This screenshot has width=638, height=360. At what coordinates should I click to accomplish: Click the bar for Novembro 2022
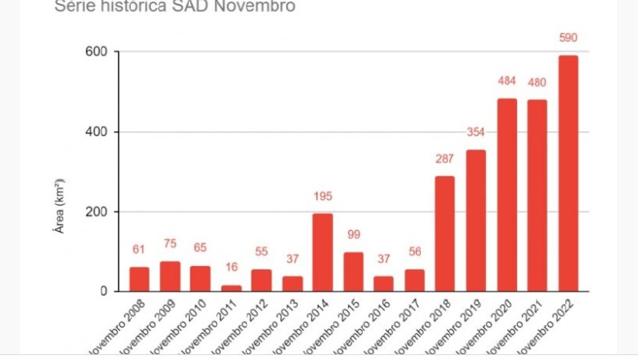tap(568, 173)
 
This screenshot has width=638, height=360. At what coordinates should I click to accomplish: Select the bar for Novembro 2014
tap(323, 252)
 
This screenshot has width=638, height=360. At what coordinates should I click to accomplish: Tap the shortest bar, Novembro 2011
tap(231, 287)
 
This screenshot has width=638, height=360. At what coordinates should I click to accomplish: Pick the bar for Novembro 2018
tap(445, 233)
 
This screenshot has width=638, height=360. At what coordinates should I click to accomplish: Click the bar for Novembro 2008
tap(140, 278)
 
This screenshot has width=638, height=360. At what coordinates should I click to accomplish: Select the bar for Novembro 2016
tap(384, 283)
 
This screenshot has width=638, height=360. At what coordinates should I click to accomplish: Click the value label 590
tap(568, 38)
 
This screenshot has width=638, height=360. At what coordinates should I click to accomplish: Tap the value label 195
tap(323, 196)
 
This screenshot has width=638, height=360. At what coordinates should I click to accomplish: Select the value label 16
tap(231, 268)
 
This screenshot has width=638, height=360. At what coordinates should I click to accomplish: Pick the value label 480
tap(537, 82)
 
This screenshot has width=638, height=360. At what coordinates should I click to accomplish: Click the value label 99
tap(354, 235)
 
